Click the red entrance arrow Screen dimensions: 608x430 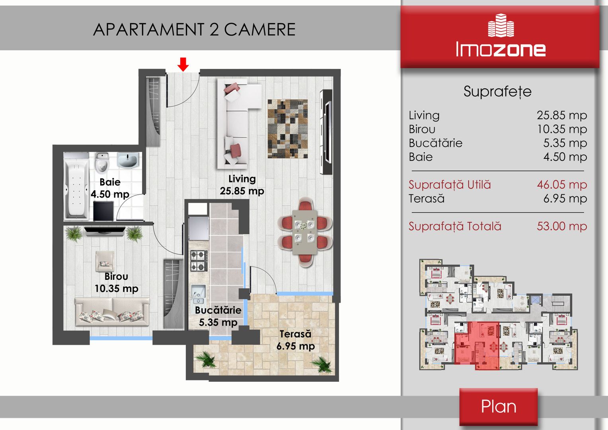click(183, 64)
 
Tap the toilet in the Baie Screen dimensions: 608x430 click(102, 162)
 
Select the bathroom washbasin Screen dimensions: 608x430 click(128, 160)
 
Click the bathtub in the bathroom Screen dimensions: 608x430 click(76, 186)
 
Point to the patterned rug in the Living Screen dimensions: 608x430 click(288, 129)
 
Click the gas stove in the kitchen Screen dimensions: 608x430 click(199, 261)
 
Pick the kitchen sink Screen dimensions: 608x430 click(198, 294)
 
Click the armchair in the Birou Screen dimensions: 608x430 click(105, 261)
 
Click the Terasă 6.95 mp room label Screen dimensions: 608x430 click(296, 340)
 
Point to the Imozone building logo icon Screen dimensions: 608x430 click(501, 25)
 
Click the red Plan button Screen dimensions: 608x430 click(498, 407)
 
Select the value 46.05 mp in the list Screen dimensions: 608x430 click(562, 185)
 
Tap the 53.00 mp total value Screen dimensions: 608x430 click(562, 226)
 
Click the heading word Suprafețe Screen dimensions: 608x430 click(497, 92)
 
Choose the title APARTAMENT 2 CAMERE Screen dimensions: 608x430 click(194, 29)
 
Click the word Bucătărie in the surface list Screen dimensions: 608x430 click(435, 143)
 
